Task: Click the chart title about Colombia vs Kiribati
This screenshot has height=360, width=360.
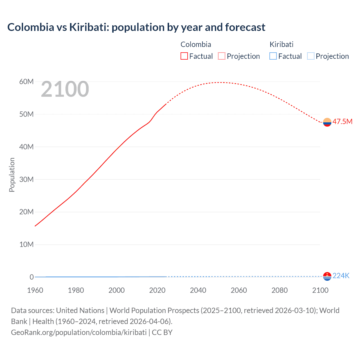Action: pyautogui.click(x=136, y=27)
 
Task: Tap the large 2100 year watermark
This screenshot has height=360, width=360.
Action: pyautogui.click(x=65, y=89)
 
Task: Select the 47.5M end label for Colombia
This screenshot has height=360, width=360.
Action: pyautogui.click(x=342, y=121)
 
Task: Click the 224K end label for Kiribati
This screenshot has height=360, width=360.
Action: pyautogui.click(x=341, y=276)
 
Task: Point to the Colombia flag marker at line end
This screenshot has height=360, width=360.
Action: pyautogui.click(x=327, y=122)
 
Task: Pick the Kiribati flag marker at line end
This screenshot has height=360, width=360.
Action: pyautogui.click(x=327, y=276)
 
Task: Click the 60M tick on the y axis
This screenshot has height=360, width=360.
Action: pyautogui.click(x=26, y=82)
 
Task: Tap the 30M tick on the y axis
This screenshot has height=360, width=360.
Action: pyautogui.click(x=26, y=179)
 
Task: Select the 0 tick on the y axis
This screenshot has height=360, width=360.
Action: pyautogui.click(x=31, y=277)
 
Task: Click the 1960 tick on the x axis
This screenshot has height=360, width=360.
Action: pyautogui.click(x=35, y=290)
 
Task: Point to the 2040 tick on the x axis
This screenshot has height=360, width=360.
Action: pyautogui.click(x=198, y=290)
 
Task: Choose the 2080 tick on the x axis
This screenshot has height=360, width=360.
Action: pyautogui.click(x=280, y=290)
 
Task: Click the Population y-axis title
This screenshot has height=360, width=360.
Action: pyautogui.click(x=12, y=175)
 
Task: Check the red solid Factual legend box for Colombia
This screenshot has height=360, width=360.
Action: pyautogui.click(x=184, y=56)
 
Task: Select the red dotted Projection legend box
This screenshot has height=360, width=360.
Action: pyautogui.click(x=222, y=56)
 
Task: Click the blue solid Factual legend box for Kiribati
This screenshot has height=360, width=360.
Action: pyautogui.click(x=273, y=56)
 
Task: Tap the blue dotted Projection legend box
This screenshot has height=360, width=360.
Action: pyautogui.click(x=310, y=56)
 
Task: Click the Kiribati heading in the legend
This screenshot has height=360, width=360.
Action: pyautogui.click(x=282, y=44)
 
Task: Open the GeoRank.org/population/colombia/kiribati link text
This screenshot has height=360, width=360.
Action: pyautogui.click(x=79, y=332)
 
